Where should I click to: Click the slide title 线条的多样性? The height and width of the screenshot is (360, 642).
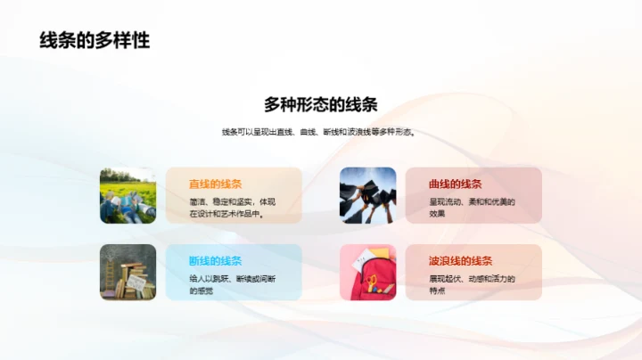coord(95,40)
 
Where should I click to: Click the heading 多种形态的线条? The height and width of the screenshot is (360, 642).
coord(321,103)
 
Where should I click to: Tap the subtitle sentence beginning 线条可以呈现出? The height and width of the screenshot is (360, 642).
coord(319,133)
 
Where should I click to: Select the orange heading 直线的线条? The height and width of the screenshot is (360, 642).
coord(215,184)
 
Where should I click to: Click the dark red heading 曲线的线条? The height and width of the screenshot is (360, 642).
coord(455,184)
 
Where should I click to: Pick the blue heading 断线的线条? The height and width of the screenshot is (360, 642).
coord(215,260)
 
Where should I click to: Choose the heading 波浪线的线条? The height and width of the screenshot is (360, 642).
coord(460,260)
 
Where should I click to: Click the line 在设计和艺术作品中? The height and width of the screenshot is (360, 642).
coord(226,214)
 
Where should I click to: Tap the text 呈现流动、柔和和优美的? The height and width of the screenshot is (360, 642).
coord(472,201)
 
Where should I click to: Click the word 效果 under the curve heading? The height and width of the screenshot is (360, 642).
coord(437,214)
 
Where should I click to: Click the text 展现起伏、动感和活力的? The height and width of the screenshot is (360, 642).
coord(472,278)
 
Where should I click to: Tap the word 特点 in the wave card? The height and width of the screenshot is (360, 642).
coord(437,290)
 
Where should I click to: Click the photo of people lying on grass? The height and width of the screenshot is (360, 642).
coord(128,195)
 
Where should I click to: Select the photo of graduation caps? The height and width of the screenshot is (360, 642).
coord(367,195)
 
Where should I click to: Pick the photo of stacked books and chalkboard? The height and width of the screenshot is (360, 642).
coord(128,272)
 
